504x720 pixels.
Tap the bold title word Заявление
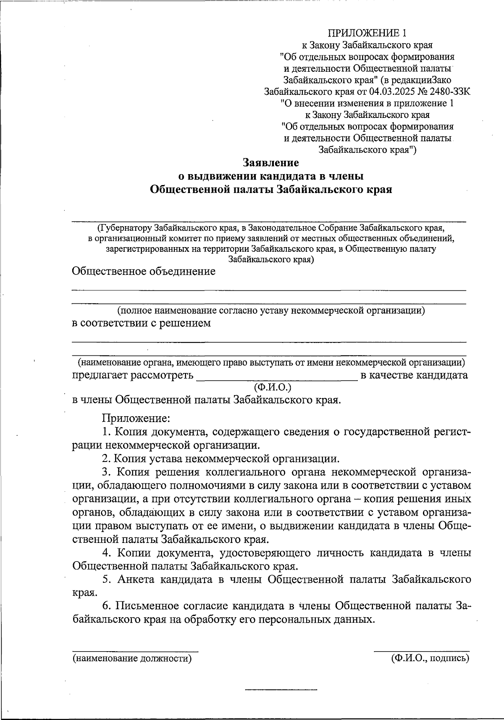coord(271,163)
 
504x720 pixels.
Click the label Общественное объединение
coord(144,271)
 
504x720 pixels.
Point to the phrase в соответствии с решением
coord(142,323)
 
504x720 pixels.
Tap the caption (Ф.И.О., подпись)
coord(429,659)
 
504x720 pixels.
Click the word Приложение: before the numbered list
coord(135,418)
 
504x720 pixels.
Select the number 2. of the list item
coord(106,458)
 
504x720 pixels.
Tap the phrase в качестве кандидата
coord(414,375)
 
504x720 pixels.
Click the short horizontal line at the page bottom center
coord(281,689)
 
